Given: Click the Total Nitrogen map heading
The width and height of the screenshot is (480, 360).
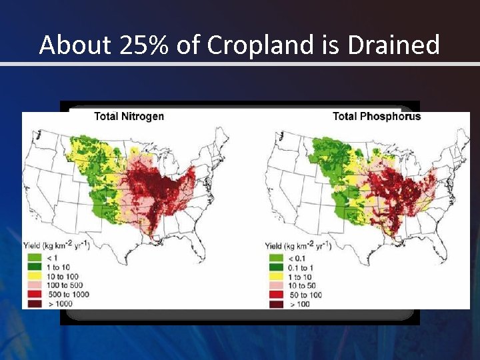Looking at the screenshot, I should click(129, 117).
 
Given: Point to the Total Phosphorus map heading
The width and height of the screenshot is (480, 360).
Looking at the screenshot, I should click(377, 117).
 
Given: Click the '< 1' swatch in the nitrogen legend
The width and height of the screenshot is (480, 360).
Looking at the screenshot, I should click(31, 257).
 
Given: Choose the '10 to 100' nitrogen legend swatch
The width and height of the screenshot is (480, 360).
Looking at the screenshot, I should click(31, 275).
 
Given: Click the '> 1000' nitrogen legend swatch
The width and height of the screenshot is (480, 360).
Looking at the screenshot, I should click(31, 303).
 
